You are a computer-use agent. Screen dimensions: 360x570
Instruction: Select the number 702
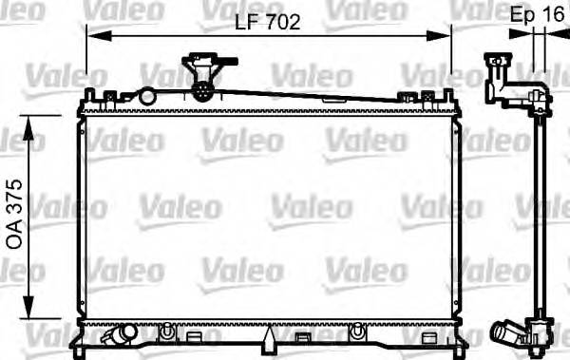(x=282, y=23)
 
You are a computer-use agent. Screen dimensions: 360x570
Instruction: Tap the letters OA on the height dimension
(x=15, y=237)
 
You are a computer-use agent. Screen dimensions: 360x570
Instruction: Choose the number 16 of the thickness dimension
(x=552, y=15)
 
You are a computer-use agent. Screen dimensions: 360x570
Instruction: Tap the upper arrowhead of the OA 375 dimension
(x=32, y=122)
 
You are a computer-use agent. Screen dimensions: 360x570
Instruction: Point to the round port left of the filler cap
(x=146, y=95)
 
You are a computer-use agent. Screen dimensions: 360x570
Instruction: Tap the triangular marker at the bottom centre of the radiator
(x=270, y=336)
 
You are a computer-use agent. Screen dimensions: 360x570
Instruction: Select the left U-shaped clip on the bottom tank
(x=167, y=332)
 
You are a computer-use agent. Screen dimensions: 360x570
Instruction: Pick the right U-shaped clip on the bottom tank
(x=358, y=332)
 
